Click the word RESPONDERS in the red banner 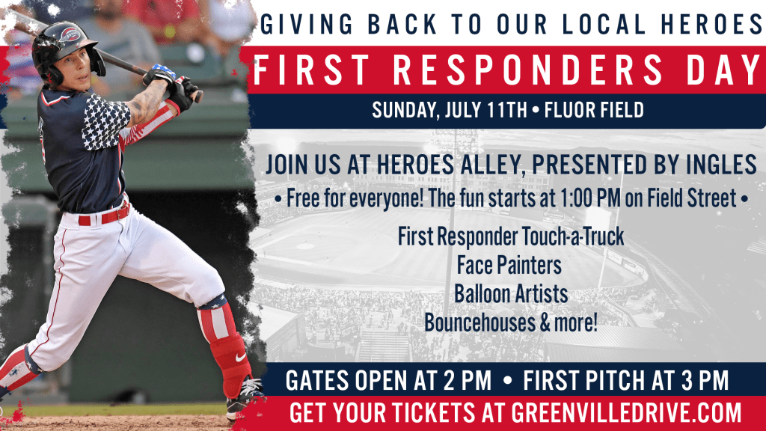click(527, 70)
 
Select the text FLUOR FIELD click(594, 110)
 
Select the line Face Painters click(509, 266)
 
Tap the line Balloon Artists click(511, 294)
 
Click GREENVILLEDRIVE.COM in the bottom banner click(626, 413)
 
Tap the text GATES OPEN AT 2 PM click(388, 381)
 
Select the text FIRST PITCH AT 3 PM click(626, 381)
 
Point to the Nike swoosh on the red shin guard click(240, 357)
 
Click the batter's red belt click(105, 215)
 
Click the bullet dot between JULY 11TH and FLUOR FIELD click(536, 111)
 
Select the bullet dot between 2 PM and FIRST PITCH click(507, 381)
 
